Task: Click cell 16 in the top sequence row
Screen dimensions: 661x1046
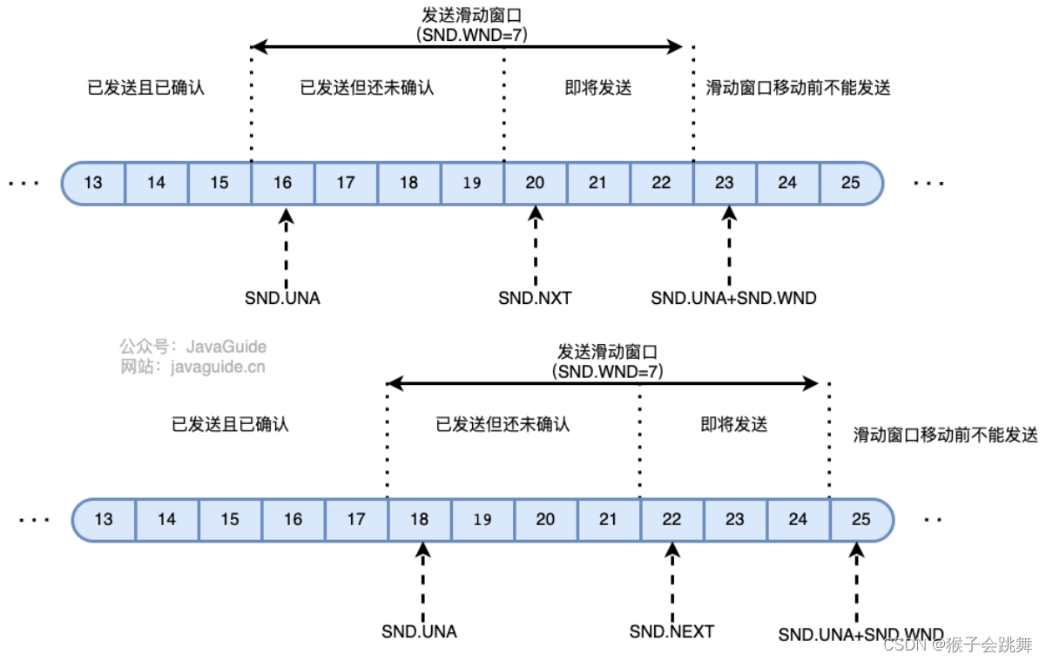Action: tap(282, 183)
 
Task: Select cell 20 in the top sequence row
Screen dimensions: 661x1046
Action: tap(535, 183)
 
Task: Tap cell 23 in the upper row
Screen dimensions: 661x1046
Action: tap(725, 183)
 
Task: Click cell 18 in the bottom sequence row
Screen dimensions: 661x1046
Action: tap(419, 519)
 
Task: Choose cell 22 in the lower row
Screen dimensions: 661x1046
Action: tap(671, 519)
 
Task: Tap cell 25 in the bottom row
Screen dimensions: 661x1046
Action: tap(860, 519)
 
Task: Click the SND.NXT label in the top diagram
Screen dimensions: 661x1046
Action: tap(535, 299)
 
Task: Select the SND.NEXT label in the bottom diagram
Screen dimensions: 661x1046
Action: tap(671, 631)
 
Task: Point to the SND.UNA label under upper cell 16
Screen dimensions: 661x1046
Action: tap(282, 299)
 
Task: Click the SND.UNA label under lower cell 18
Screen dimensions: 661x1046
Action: tap(419, 631)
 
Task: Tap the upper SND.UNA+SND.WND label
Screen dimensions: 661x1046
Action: tap(733, 299)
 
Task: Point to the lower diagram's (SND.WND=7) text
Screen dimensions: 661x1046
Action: tap(607, 371)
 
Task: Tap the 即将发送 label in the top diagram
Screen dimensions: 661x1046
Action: tap(597, 88)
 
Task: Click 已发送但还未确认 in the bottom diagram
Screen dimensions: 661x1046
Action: tap(503, 424)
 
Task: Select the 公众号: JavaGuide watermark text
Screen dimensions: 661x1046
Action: tap(193, 347)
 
